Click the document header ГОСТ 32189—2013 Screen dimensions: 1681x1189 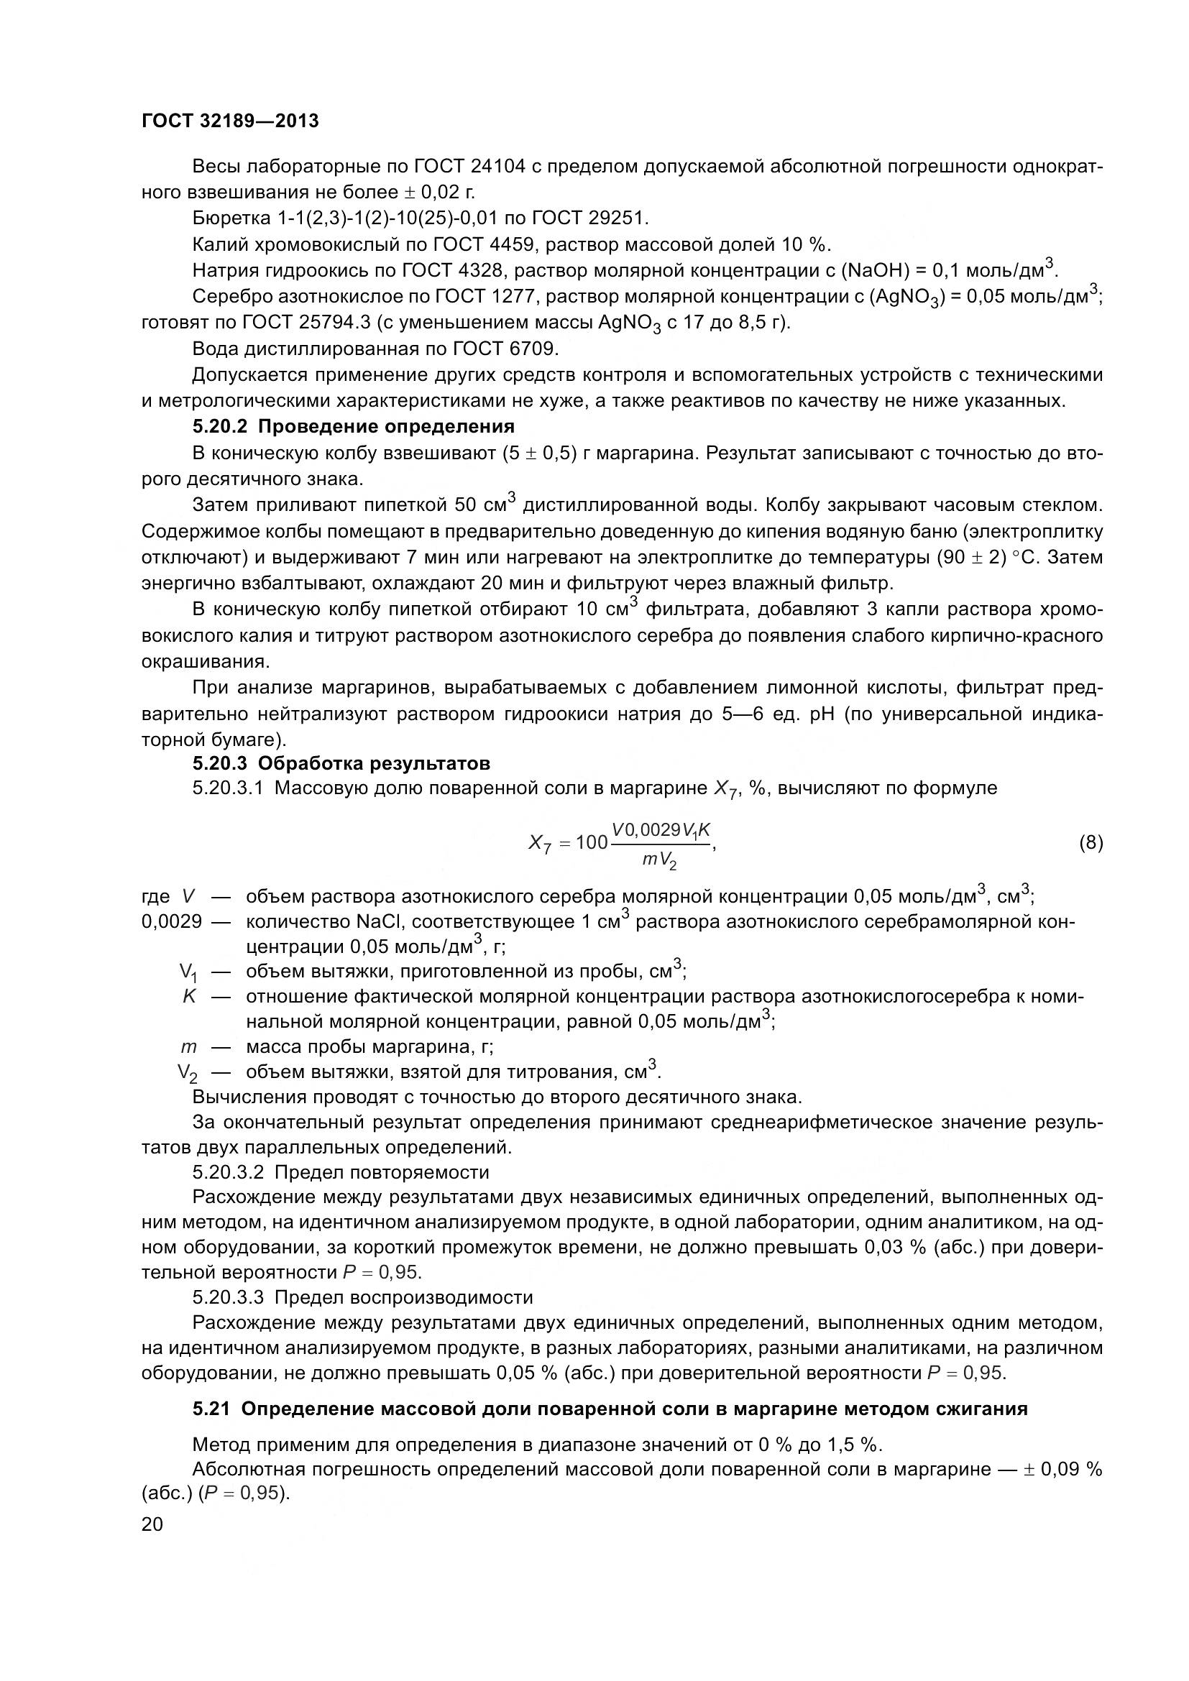pyautogui.click(x=230, y=121)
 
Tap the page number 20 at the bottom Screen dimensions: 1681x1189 pyautogui.click(x=152, y=1524)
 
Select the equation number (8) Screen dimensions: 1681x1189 pyautogui.click(x=1091, y=843)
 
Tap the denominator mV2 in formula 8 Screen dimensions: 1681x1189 pyautogui.click(x=659, y=861)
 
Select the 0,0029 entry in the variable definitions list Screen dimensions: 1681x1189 pyautogui.click(x=171, y=921)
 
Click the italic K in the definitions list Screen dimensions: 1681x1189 pyautogui.click(x=190, y=996)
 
